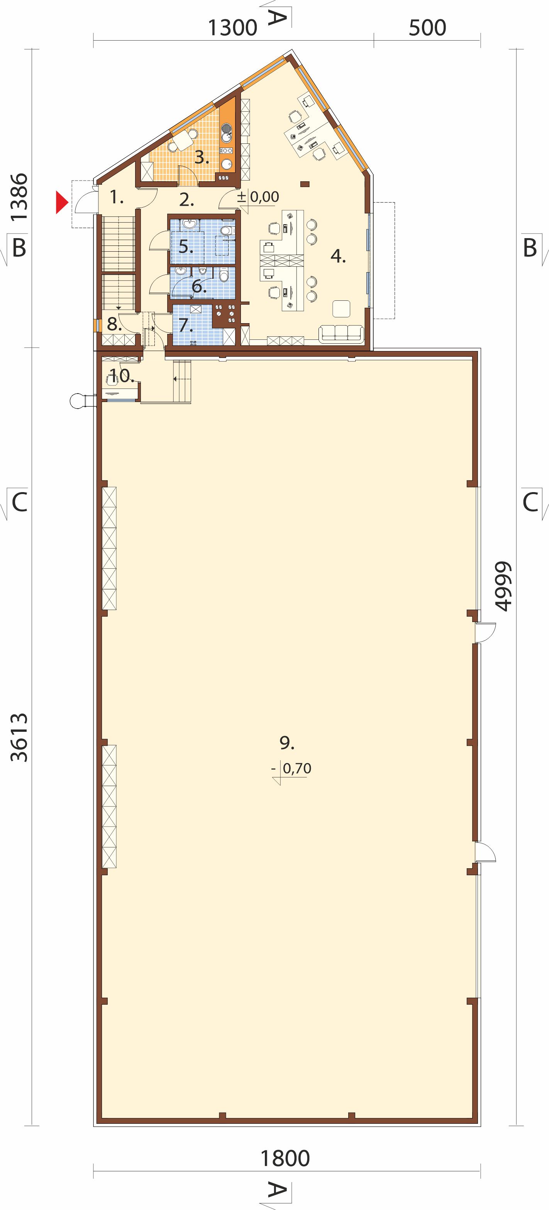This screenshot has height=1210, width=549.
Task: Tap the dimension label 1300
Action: [x=232, y=29]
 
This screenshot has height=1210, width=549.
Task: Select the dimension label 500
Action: [x=427, y=29]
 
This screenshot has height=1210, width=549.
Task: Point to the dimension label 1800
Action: [x=285, y=1159]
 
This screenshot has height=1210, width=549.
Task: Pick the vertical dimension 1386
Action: [x=20, y=198]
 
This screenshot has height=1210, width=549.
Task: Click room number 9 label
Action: [x=287, y=743]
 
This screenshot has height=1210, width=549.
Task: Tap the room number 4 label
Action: [x=338, y=256]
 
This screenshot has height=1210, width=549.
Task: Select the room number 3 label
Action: [x=201, y=157]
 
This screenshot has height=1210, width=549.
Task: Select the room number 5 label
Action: [x=186, y=247]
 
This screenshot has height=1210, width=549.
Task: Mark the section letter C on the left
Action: [x=19, y=503]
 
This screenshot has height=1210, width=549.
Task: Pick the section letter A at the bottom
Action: [x=277, y=1190]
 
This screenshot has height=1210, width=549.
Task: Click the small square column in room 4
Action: [x=305, y=184]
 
